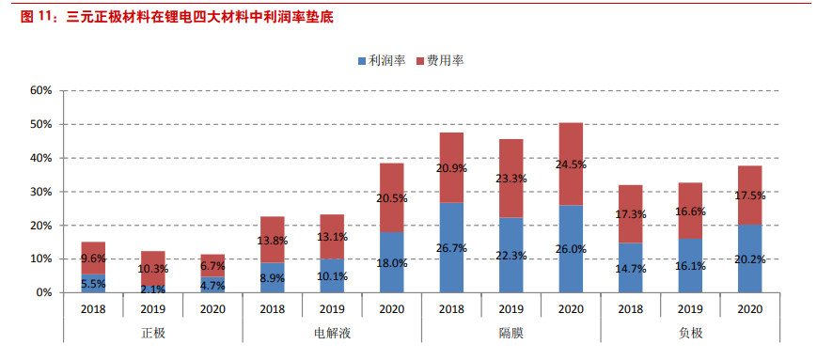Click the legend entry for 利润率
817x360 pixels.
(385, 60)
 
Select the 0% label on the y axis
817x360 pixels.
(43, 292)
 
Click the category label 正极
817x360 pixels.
(152, 334)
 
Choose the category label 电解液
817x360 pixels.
(332, 334)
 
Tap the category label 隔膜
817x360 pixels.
(511, 334)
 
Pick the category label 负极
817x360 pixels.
(689, 334)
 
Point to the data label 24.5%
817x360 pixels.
(572, 164)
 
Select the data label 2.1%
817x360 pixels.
(153, 290)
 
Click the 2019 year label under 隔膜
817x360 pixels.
(511, 307)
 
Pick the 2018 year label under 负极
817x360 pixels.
(630, 307)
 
